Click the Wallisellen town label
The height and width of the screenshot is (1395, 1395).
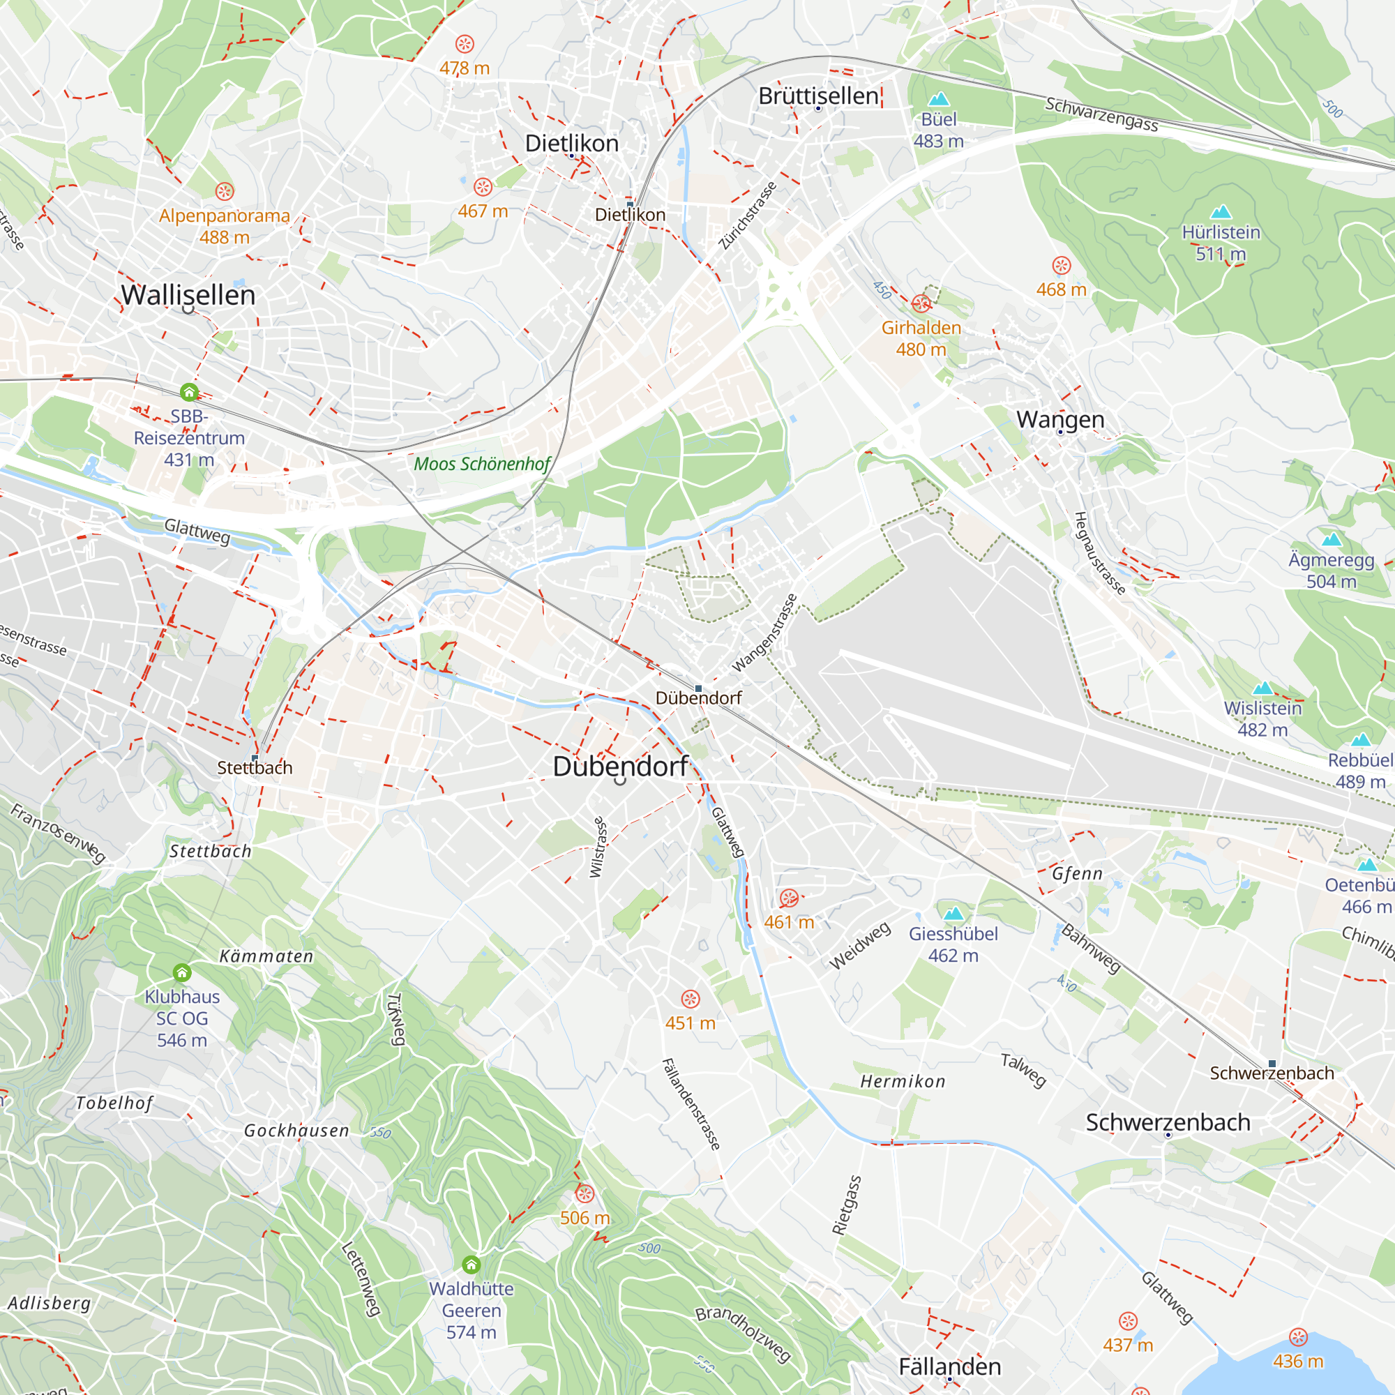pos(188,294)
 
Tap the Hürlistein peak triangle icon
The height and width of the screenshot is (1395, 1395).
pos(1221,211)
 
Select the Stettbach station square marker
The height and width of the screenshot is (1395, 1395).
pos(255,757)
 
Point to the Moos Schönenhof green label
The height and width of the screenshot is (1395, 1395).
pos(481,464)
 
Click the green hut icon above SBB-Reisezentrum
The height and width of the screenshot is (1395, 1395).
pos(189,392)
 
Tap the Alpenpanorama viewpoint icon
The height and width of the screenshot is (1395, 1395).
pos(225,191)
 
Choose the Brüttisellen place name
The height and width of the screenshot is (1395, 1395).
pos(818,96)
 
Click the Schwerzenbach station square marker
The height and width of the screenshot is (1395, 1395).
pos(1272,1064)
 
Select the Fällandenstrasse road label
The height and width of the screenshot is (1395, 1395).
pos(691,1104)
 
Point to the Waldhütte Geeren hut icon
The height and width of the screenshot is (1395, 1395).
pos(472,1265)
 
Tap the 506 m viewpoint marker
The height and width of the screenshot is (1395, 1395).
pos(585,1193)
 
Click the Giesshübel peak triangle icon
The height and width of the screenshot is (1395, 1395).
pos(953,914)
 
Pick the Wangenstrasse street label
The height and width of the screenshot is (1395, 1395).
pos(764,633)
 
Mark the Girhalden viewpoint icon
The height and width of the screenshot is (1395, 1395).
pos(921,303)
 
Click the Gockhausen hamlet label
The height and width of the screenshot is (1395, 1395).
pos(296,1131)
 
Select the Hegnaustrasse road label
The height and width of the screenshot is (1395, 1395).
pos(1099,553)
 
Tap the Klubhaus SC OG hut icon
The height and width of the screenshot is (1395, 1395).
pos(182,972)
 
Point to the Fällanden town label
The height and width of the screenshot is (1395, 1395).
pos(949,1366)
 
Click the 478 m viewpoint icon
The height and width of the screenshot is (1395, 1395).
pos(465,44)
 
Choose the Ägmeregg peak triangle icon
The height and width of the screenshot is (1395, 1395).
pos(1332,539)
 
